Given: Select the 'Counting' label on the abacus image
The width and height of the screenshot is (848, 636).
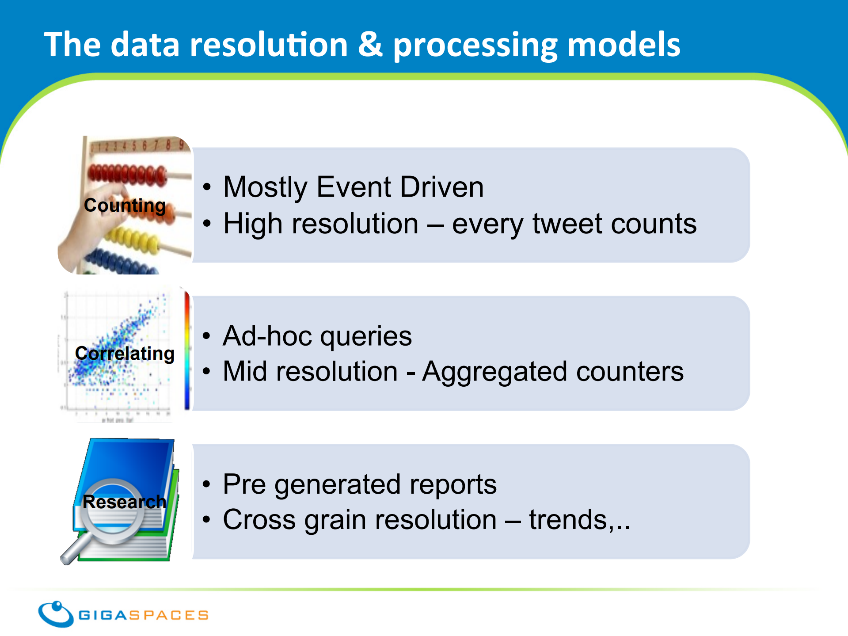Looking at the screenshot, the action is [x=125, y=206].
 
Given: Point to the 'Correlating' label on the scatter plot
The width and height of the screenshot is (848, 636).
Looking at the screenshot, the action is [x=125, y=354].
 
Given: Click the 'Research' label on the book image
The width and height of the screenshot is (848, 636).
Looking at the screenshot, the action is [x=124, y=502].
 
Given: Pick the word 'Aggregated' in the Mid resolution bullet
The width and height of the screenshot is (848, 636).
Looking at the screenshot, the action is [x=494, y=372].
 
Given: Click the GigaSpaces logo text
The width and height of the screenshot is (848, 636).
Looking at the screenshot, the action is [x=143, y=615].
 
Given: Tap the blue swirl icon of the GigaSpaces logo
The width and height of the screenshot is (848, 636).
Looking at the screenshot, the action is [x=56, y=614].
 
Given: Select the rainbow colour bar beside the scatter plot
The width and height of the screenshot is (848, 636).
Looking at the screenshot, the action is [x=187, y=350].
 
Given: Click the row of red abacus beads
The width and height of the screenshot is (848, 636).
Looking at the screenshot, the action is [x=127, y=174].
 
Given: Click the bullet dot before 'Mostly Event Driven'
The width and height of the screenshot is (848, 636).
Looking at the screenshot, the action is [x=207, y=187].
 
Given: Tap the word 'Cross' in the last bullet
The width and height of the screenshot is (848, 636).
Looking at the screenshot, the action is [x=259, y=519].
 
